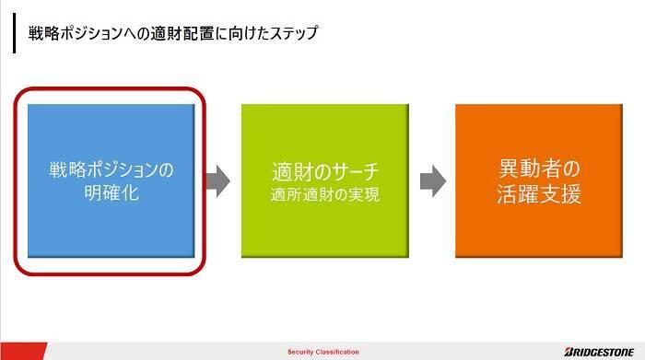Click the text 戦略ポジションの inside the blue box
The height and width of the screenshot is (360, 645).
pos(111,170)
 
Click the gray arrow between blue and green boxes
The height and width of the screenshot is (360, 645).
pos(217,180)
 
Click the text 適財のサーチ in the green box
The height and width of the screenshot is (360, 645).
pos(324,172)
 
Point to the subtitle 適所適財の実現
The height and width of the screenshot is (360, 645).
pos(324,195)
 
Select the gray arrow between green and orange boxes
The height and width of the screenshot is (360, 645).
pos(431,180)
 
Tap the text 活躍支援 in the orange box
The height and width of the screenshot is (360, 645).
pos(538,195)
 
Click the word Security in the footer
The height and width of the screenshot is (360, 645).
pos(302,352)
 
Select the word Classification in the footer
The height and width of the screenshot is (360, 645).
pos(338,352)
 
